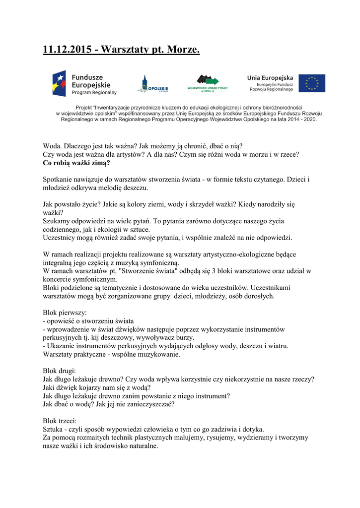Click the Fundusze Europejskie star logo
(x=61, y=83)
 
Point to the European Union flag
(x=312, y=83)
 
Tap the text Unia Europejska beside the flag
(x=270, y=77)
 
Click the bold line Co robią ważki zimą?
(x=76, y=162)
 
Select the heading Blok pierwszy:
(x=65, y=313)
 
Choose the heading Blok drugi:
(x=60, y=371)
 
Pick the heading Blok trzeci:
(x=60, y=421)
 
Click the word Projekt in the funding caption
(x=85, y=107)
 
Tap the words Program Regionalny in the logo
(x=94, y=92)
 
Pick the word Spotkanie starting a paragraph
(x=59, y=179)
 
